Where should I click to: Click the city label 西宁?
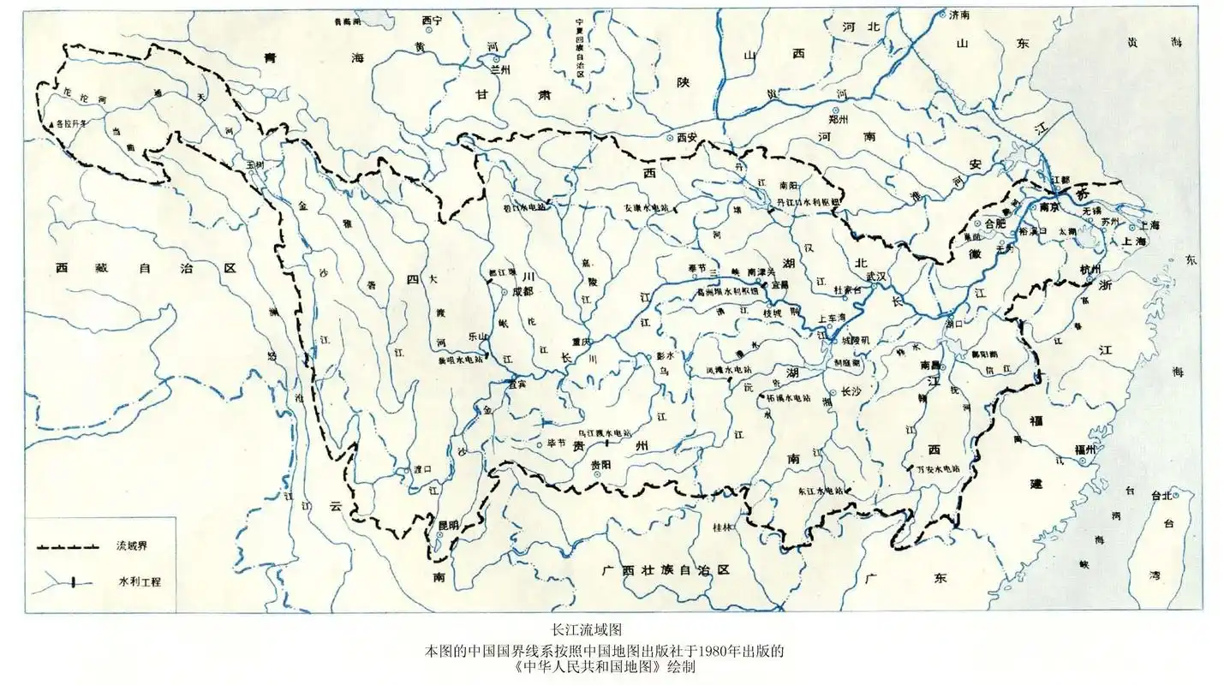[433, 20]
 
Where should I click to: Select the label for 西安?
[689, 137]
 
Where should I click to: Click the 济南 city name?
[959, 15]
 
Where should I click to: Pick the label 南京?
[1050, 207]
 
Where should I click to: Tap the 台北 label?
[1161, 496]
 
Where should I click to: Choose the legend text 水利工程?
[139, 582]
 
